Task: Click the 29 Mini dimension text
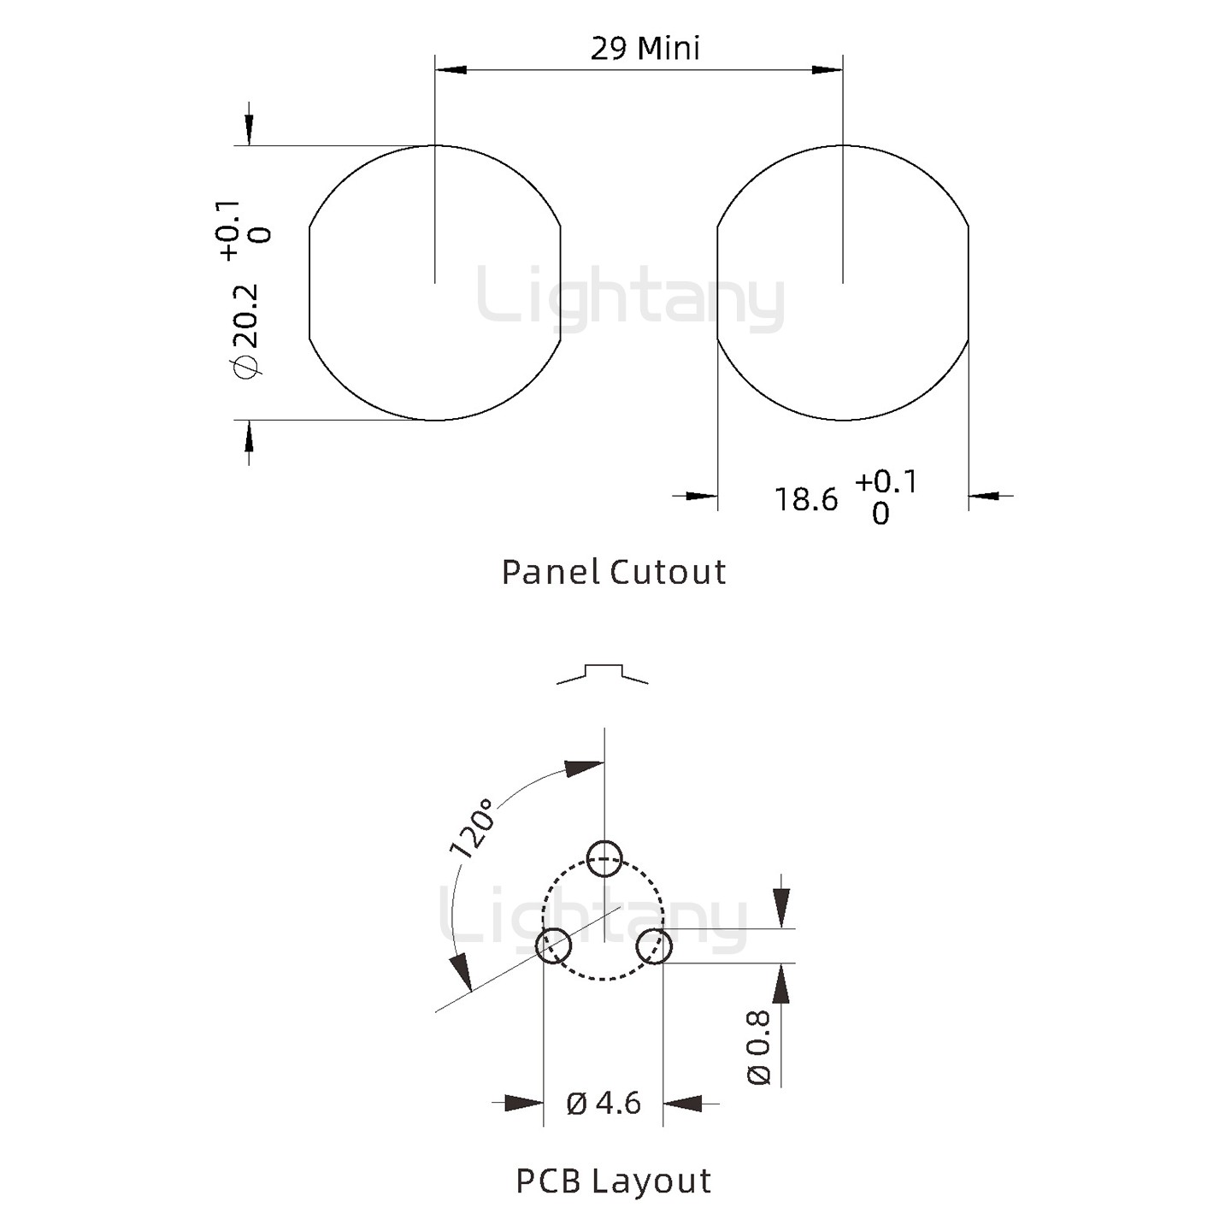click(645, 48)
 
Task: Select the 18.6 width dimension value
click(806, 499)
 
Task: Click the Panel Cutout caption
click(613, 572)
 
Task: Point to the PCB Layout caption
click(613, 1181)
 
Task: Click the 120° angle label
click(473, 828)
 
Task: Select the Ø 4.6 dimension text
click(604, 1103)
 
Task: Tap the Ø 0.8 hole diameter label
click(759, 1047)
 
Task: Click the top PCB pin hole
click(604, 858)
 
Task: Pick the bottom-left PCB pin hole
click(553, 945)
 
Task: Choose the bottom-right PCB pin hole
click(655, 946)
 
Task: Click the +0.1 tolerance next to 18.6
click(886, 482)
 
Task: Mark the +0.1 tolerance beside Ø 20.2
click(229, 230)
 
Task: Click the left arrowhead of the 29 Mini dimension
click(451, 68)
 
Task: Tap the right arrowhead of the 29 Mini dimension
click(828, 68)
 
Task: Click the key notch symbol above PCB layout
click(603, 673)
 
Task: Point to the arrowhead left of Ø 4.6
click(524, 1103)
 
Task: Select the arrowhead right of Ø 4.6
click(683, 1103)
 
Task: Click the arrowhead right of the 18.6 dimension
click(985, 495)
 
